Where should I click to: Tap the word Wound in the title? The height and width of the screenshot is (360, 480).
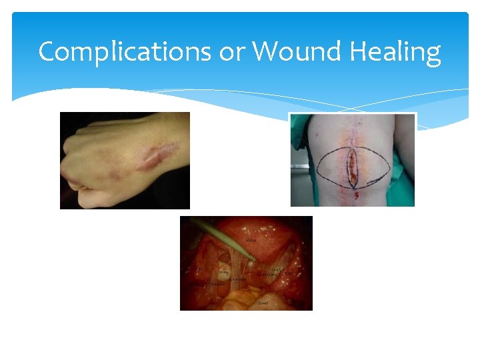click(x=289, y=51)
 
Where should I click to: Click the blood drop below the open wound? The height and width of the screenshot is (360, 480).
click(x=355, y=195)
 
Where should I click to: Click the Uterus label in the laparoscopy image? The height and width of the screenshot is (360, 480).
click(x=251, y=239)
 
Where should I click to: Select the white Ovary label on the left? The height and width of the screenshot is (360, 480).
click(x=224, y=271)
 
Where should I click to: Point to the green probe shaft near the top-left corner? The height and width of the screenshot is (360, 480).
click(x=200, y=226)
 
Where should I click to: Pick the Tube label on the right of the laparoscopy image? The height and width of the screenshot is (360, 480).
click(x=289, y=274)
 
